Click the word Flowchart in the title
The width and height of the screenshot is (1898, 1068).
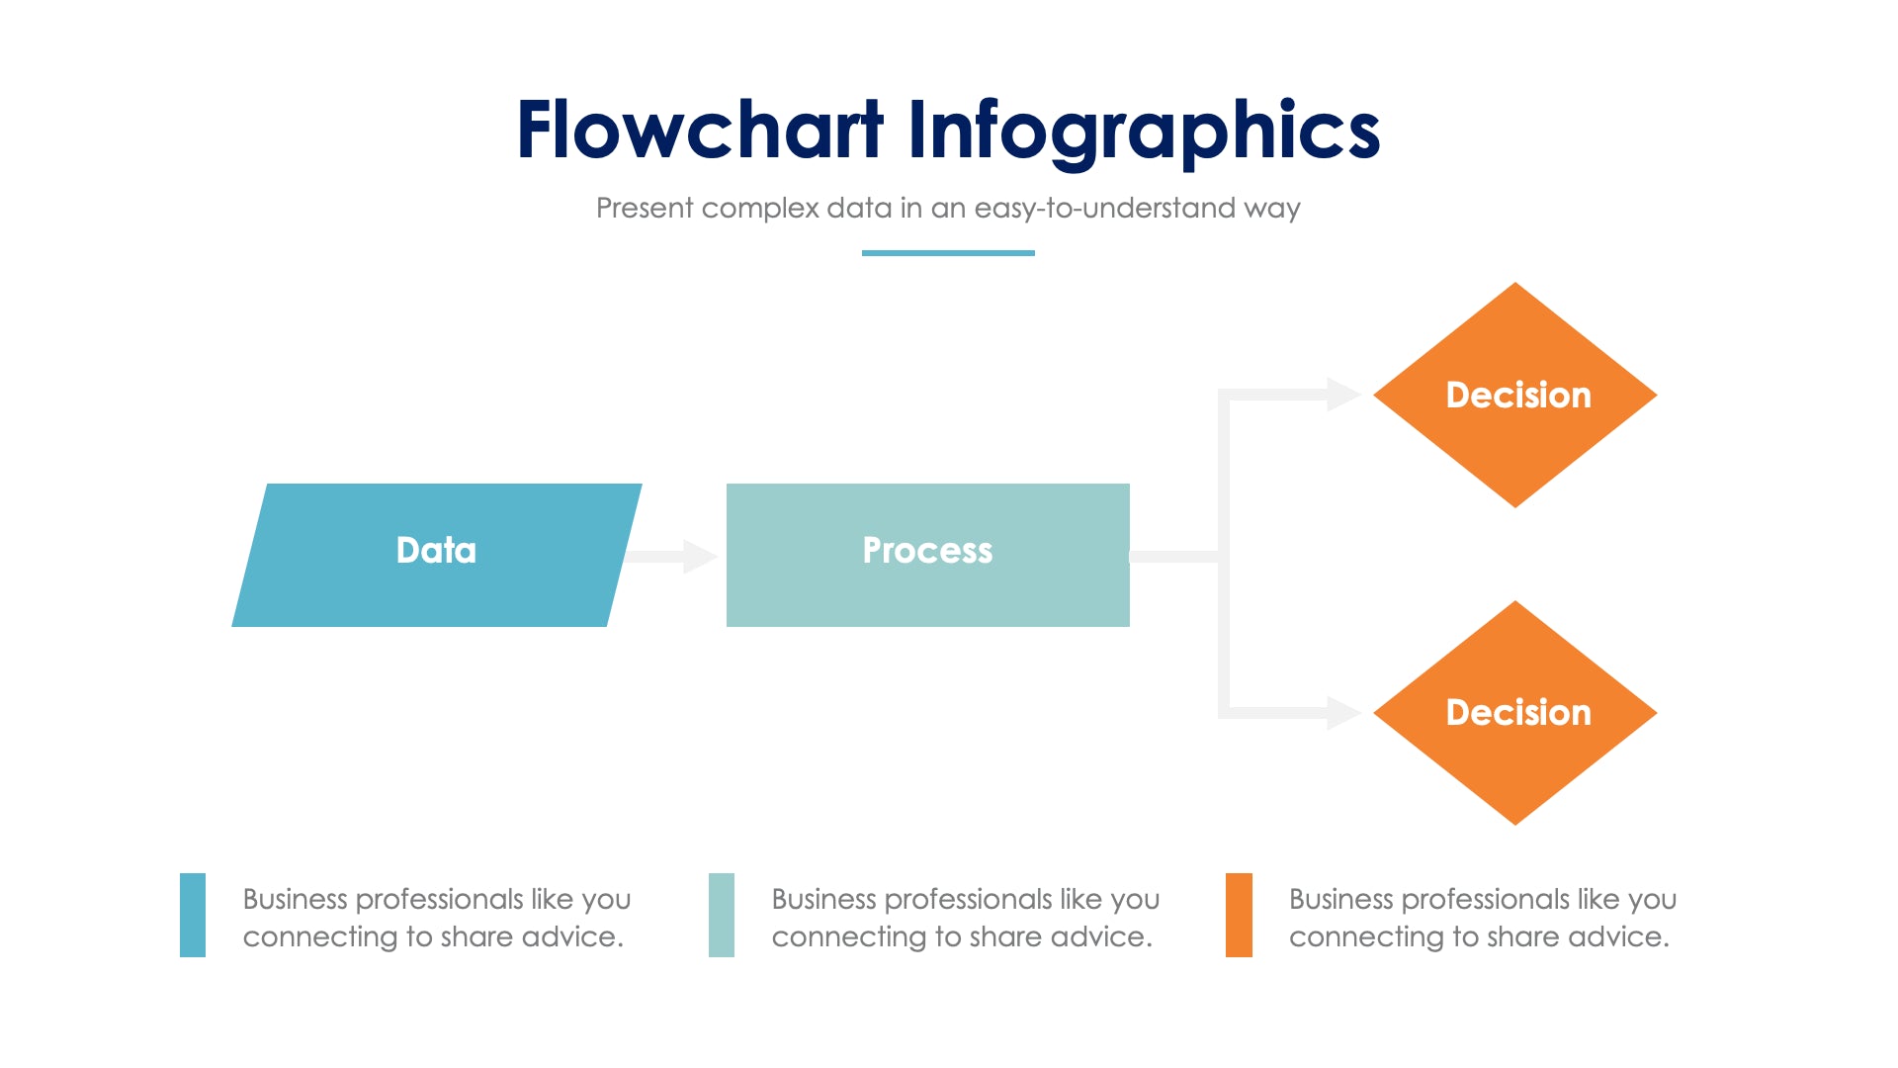[x=699, y=131]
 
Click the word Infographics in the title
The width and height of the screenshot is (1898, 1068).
[x=1143, y=131]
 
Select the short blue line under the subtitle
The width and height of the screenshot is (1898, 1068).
[x=948, y=253]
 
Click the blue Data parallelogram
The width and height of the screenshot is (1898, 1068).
[x=436, y=555]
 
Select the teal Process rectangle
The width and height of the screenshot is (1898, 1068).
[x=927, y=555]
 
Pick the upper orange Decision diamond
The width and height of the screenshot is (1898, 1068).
[x=1515, y=395]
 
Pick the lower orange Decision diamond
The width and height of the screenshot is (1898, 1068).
[x=1515, y=713]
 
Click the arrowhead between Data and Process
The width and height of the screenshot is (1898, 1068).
[x=700, y=557]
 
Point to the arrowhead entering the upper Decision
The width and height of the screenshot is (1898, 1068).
[x=1343, y=395]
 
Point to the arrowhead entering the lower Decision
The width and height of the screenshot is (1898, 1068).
[x=1343, y=713]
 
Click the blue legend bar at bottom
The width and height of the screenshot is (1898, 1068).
[x=193, y=915]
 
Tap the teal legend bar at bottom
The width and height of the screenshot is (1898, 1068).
[x=722, y=915]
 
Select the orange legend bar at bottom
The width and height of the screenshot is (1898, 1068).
[x=1239, y=915]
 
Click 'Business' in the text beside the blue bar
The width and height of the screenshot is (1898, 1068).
[x=295, y=899]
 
